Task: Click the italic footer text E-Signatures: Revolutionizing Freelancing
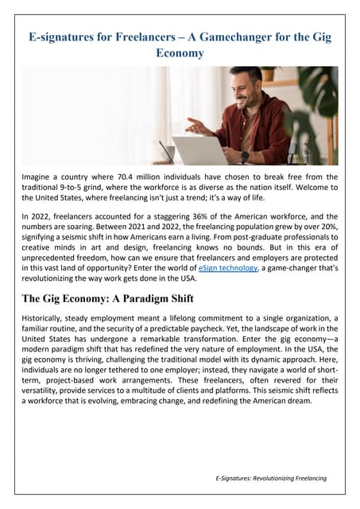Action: pyautogui.click(x=270, y=478)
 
